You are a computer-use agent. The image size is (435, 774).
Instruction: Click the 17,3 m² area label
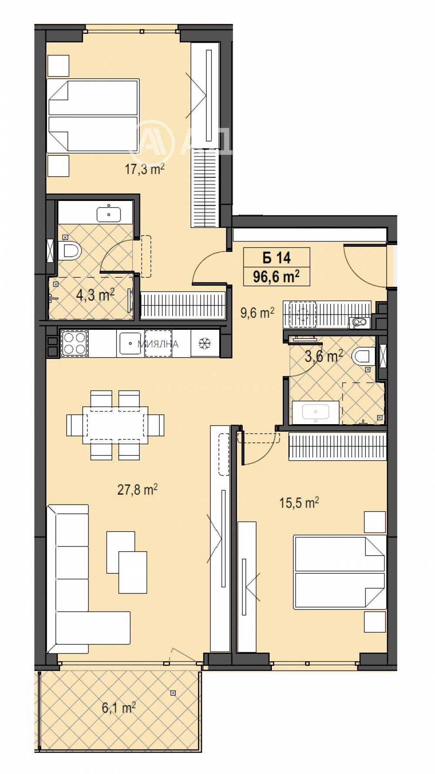[144, 169]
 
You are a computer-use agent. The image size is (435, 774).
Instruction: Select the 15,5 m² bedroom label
[299, 503]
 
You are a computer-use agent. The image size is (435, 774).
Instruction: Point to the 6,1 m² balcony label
[119, 707]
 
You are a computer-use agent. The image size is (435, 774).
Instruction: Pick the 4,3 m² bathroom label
[95, 295]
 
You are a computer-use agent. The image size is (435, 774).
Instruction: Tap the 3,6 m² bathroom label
[324, 356]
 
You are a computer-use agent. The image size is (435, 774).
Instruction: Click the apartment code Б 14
[277, 258]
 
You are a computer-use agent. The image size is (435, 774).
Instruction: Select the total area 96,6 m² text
[276, 276]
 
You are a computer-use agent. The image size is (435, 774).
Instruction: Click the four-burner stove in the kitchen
[74, 343]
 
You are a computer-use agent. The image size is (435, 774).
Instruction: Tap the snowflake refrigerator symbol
[204, 344]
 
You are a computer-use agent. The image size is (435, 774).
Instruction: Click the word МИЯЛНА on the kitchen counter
[158, 344]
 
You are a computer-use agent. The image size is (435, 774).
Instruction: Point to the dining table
[115, 425]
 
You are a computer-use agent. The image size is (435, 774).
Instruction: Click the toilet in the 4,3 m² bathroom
[71, 251]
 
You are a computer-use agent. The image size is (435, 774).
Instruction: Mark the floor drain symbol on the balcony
[174, 693]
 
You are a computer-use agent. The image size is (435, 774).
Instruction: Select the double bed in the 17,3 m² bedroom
[93, 116]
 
